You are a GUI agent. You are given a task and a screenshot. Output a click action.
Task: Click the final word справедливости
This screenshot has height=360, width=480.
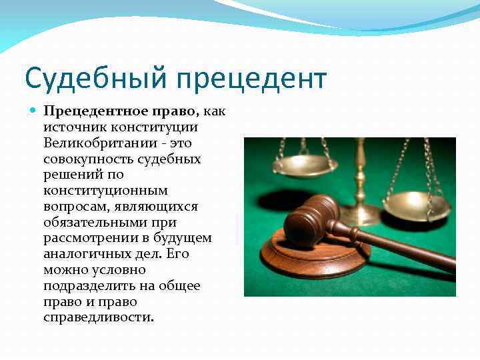(98, 318)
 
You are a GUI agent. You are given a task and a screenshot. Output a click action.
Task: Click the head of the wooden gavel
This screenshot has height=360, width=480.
(308, 219)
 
